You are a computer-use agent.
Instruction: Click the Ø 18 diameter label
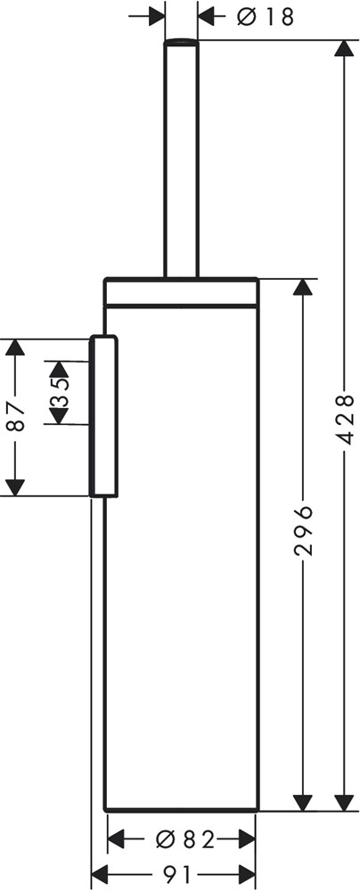tap(266, 17)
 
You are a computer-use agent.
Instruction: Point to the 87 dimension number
tap(17, 418)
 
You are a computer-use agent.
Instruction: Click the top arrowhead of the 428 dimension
tap(343, 48)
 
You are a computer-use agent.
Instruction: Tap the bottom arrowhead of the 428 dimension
tap(343, 802)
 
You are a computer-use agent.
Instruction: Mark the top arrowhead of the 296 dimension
tap(303, 287)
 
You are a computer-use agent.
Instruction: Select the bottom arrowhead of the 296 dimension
tap(303, 802)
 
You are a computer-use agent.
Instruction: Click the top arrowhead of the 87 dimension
tap(15, 347)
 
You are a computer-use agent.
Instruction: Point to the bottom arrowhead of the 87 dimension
tap(15, 487)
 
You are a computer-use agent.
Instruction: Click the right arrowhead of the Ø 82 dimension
tap(247, 838)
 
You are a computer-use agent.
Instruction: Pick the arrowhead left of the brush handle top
tap(157, 17)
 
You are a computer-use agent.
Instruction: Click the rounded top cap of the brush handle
tap(182, 42)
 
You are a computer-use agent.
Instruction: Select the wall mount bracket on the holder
tap(103, 417)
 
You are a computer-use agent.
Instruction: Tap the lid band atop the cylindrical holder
tap(181, 292)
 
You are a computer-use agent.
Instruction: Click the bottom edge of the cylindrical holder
tap(182, 809)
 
